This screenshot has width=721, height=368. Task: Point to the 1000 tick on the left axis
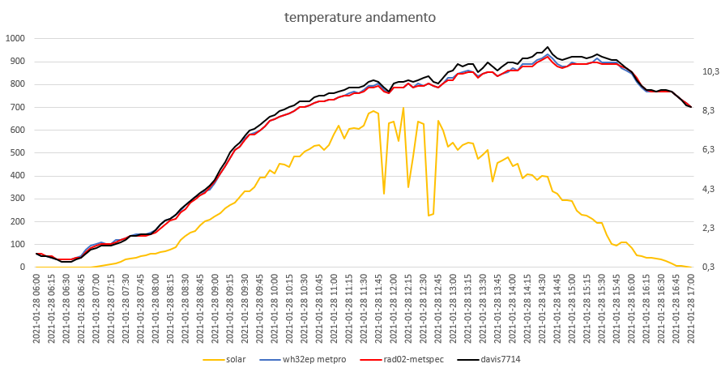[x=15, y=38]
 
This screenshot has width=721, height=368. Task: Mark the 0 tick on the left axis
[x=23, y=267]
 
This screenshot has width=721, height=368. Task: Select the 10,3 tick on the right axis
[x=710, y=71]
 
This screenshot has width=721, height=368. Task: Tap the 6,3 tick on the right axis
[x=708, y=150]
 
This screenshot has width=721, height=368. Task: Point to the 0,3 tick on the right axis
[x=708, y=267]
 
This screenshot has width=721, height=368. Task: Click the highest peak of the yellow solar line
[x=403, y=108]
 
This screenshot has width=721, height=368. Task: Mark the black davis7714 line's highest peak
[x=548, y=47]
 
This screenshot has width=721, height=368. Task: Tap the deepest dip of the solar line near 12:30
[x=429, y=215]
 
